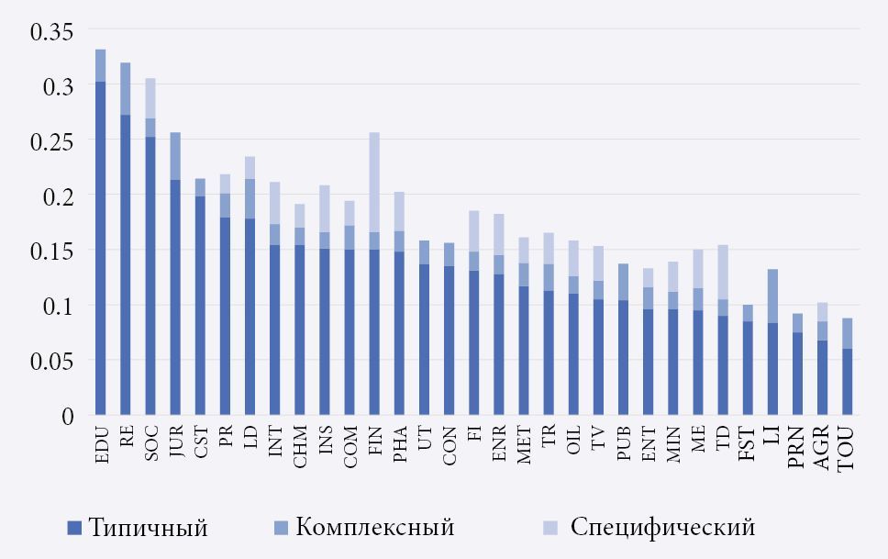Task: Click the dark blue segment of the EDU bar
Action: click(100, 248)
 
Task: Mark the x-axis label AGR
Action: click(822, 446)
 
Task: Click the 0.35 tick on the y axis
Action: click(51, 31)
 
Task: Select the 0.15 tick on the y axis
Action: click(51, 251)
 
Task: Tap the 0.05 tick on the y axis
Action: click(51, 361)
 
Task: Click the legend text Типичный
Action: click(148, 528)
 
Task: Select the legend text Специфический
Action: click(662, 528)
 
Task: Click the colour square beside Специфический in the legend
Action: click(549, 528)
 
